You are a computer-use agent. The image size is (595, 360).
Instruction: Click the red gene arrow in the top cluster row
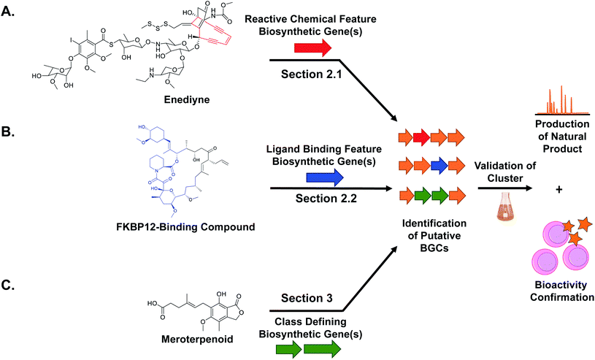pos(421,136)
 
